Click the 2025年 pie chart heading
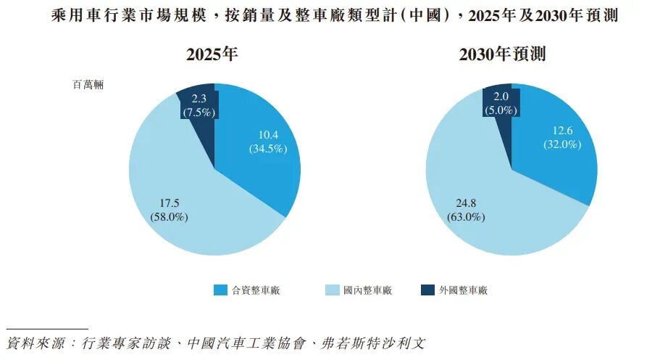(x=212, y=54)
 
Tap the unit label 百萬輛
(x=88, y=85)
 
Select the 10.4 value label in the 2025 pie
(x=268, y=135)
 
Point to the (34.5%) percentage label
(x=268, y=149)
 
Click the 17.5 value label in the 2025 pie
(x=169, y=204)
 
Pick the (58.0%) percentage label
(x=169, y=217)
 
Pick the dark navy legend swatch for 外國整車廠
(x=427, y=290)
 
